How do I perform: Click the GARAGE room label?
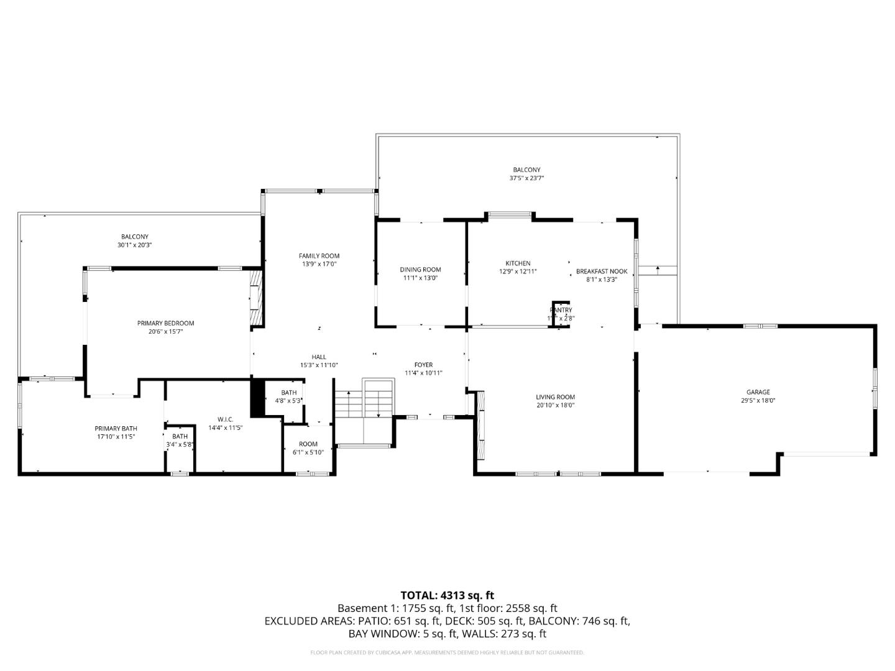[758, 392]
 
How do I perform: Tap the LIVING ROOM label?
[555, 397]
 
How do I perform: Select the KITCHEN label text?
[518, 263]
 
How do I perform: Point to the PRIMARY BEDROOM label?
[165, 323]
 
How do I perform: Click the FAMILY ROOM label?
[319, 256]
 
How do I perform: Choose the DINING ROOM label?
[420, 270]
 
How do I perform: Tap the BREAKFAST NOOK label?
[601, 272]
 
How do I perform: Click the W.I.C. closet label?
[225, 419]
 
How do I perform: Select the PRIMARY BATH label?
[116, 429]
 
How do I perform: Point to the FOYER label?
[423, 365]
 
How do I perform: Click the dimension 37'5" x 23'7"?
[526, 178]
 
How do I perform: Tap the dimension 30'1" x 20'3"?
[134, 245]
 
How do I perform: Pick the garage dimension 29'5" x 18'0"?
[758, 401]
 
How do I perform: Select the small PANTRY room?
[561, 313]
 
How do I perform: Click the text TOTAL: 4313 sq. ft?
[447, 596]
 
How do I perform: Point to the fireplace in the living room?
[480, 425]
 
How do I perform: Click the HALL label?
[319, 357]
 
